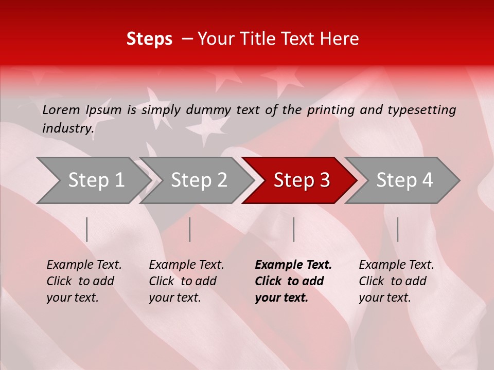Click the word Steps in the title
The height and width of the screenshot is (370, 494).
[149, 39]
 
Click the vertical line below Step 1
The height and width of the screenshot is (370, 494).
[87, 229]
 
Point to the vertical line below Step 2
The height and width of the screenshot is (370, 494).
[190, 229]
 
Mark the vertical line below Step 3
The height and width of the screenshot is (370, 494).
[293, 229]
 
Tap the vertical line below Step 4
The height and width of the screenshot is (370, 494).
[397, 229]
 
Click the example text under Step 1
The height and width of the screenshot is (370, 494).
[84, 281]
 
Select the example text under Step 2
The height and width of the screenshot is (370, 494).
[186, 281]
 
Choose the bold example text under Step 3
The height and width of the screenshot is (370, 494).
[293, 281]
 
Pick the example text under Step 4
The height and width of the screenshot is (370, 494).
[396, 281]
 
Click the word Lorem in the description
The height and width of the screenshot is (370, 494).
[61, 109]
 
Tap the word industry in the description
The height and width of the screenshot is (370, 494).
[67, 128]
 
